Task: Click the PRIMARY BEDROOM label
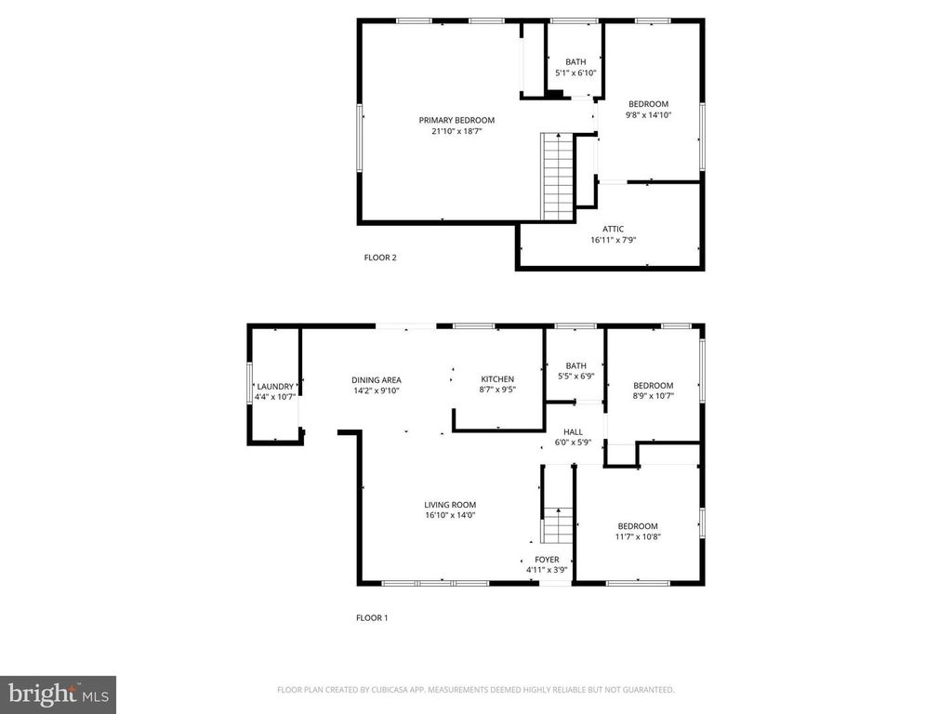pyautogui.click(x=456, y=120)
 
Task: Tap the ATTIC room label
pyautogui.click(x=613, y=229)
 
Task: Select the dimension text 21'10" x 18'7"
pyautogui.click(x=456, y=130)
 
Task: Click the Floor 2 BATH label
pyautogui.click(x=575, y=62)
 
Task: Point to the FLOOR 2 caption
pyautogui.click(x=380, y=258)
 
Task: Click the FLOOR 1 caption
pyautogui.click(x=372, y=618)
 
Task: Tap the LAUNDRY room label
pyautogui.click(x=275, y=387)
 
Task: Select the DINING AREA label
pyautogui.click(x=377, y=380)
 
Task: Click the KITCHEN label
pyautogui.click(x=497, y=379)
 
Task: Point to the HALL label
pyautogui.click(x=573, y=432)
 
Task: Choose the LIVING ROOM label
pyautogui.click(x=450, y=505)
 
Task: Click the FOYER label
pyautogui.click(x=547, y=560)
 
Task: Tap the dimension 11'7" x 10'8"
pyautogui.click(x=638, y=536)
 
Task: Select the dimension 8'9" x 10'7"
pyautogui.click(x=654, y=396)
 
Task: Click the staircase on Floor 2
pyautogui.click(x=558, y=176)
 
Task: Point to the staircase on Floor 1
pyautogui.click(x=558, y=525)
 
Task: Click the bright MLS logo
pyautogui.click(x=59, y=694)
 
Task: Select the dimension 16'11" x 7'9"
pyautogui.click(x=614, y=240)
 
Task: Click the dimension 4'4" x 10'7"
pyautogui.click(x=275, y=397)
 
